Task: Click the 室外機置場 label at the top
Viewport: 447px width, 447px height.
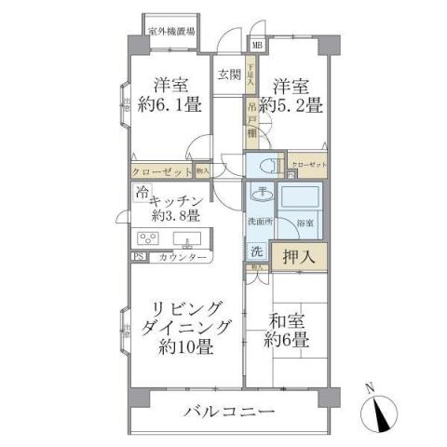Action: click(x=171, y=31)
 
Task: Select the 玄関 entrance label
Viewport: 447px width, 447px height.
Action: click(x=228, y=75)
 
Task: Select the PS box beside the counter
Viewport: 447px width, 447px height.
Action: click(x=139, y=257)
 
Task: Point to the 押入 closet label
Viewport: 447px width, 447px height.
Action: click(x=299, y=253)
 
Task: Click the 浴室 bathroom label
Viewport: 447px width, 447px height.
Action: click(x=305, y=224)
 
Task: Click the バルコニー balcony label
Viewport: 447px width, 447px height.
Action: click(x=228, y=411)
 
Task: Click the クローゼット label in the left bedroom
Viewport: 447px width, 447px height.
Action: click(x=162, y=171)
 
